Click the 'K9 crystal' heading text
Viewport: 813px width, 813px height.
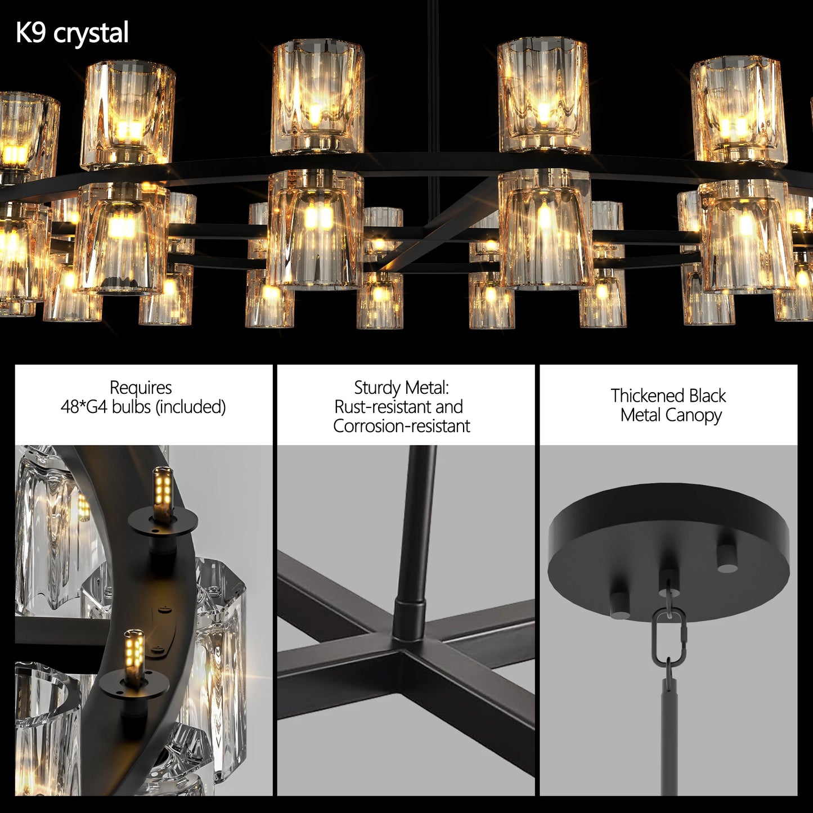point(72,33)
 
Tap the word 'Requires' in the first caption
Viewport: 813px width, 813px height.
point(141,388)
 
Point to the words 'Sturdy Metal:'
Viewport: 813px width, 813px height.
point(401,388)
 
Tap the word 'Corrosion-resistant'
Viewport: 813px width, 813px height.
point(401,426)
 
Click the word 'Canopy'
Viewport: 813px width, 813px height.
point(693,415)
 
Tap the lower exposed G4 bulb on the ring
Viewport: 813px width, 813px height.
point(134,650)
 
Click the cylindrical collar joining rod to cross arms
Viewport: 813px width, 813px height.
point(410,619)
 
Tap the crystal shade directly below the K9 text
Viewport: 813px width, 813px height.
point(128,115)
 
